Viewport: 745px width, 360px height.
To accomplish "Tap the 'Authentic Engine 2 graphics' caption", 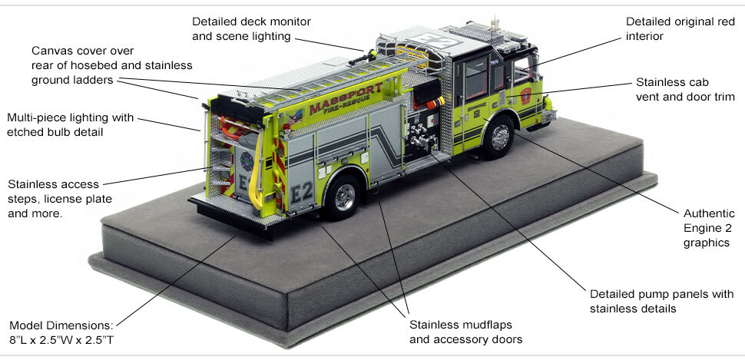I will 704,227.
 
